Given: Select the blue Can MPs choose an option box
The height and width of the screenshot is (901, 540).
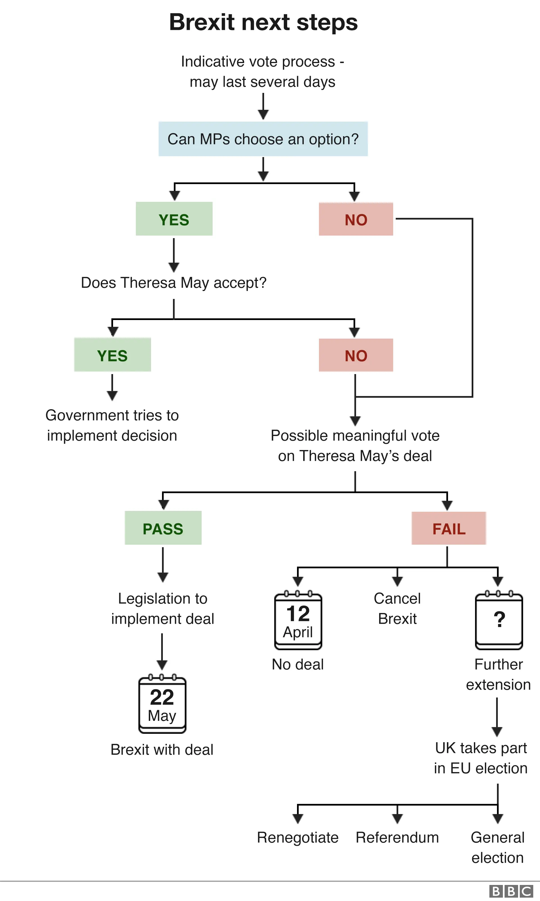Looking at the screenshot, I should point(263,139).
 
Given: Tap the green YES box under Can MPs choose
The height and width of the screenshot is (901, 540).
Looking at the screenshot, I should point(174,219).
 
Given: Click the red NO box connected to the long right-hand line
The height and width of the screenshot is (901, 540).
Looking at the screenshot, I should point(355,219).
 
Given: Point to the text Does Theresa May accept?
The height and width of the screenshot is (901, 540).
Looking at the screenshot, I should point(174,283).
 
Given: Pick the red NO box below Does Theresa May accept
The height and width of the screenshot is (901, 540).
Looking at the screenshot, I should point(355,355).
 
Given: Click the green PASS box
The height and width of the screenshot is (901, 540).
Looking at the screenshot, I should point(163,528).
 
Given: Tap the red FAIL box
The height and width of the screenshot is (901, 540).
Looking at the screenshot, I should point(448,528).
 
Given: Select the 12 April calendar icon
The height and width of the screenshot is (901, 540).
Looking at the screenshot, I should point(298,621).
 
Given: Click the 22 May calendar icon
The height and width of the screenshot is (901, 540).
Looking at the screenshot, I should point(162,705).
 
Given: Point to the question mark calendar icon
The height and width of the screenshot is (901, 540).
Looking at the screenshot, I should point(499,621).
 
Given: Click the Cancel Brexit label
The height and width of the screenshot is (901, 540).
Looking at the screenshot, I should point(397,609).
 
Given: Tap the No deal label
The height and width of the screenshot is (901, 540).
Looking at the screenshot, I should point(298,665).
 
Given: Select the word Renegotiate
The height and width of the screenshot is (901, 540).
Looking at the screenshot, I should point(298,838).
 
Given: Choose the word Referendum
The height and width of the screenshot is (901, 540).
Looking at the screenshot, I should point(397,838).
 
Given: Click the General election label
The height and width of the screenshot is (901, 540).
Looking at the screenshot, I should point(498,848).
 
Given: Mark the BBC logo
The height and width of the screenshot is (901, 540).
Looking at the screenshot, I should point(510,891).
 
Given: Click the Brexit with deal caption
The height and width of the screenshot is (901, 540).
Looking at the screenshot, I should point(162,750).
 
